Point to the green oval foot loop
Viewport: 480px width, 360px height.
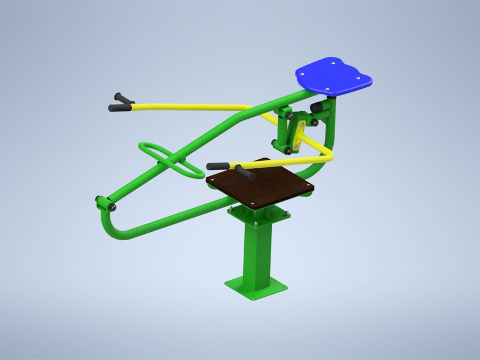(x=169, y=160)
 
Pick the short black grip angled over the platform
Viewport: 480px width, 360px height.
(x=245, y=173)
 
